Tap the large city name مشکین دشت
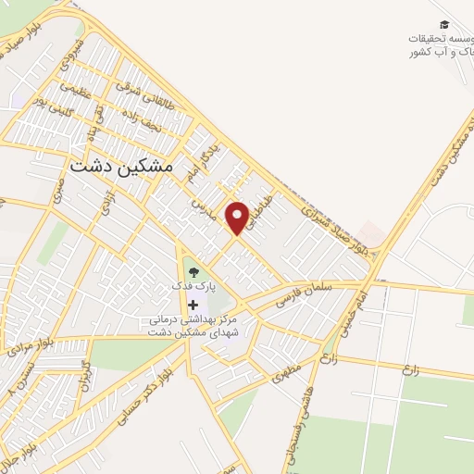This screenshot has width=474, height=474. (121, 166)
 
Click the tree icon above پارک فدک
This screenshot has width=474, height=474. (193, 271)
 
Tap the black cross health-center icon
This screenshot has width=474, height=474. (193, 305)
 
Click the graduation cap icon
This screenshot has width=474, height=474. (444, 24)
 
